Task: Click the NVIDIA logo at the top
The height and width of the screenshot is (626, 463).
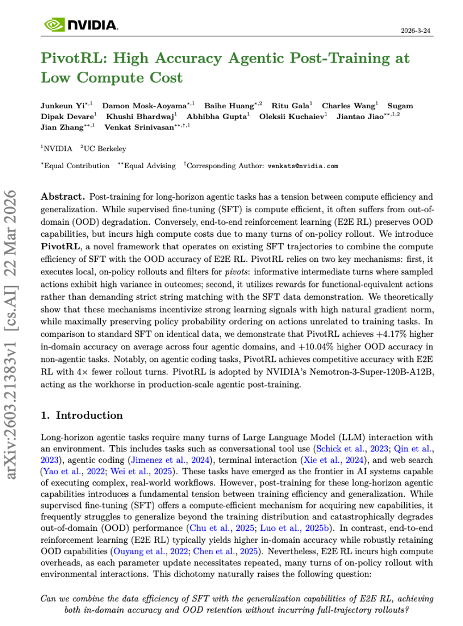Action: click(x=81, y=24)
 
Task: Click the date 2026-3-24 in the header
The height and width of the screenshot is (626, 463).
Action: click(x=416, y=31)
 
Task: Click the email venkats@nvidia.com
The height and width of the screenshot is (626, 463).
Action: click(x=303, y=165)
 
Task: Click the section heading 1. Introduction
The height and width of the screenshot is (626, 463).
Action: click(x=82, y=415)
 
